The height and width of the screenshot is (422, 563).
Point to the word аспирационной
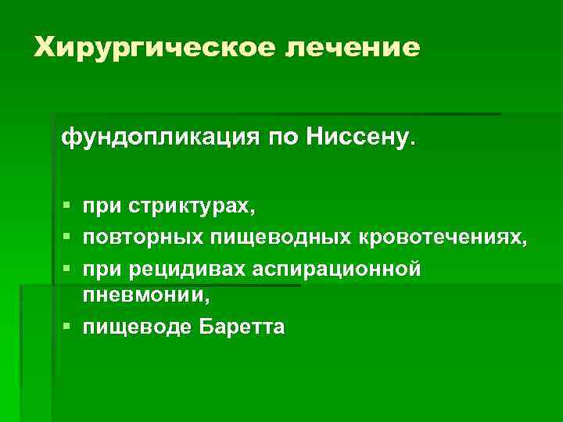tap(337, 268)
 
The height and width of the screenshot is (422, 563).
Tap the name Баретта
tap(238, 327)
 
